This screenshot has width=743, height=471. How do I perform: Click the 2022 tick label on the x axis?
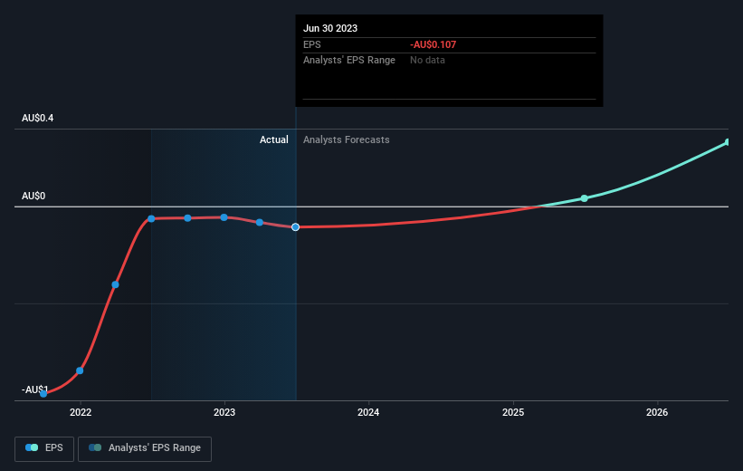pos(81,412)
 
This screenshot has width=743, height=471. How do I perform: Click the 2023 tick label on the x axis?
pos(224,412)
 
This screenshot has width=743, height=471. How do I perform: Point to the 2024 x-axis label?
pos(368,412)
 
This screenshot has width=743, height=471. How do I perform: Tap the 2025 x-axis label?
pos(513,412)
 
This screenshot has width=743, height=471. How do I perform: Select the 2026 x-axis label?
pos(657,412)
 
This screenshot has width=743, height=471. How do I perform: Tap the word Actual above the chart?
pos(273,139)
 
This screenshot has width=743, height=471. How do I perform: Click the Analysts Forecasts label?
pos(347,139)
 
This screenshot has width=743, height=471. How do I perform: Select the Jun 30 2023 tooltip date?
pos(330,28)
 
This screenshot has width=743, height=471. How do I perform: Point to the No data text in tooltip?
pos(427,60)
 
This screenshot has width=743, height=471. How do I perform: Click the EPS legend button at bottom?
pos(44,447)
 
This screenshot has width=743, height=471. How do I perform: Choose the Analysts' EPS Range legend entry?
pos(145,447)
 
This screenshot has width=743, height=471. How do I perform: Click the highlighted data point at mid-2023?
pos(296,226)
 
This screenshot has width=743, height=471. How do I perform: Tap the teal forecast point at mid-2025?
pos(585,197)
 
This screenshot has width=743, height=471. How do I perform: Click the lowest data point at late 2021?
pos(43,393)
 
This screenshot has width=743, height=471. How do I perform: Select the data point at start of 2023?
pos(224,217)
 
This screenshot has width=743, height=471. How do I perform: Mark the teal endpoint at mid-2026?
pos(728,142)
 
